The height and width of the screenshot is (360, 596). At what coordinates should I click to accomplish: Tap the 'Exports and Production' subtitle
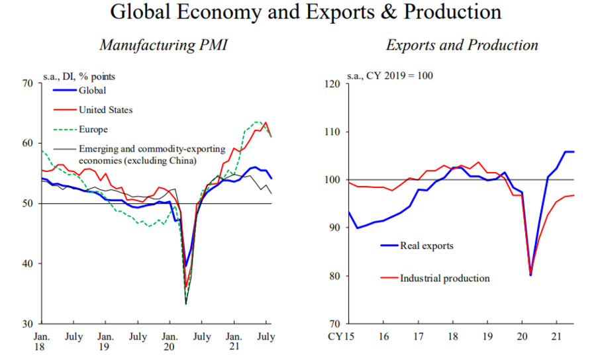click(x=462, y=46)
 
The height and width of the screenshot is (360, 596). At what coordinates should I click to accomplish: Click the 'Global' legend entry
click(x=93, y=91)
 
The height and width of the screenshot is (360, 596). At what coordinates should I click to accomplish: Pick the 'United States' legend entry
click(x=105, y=110)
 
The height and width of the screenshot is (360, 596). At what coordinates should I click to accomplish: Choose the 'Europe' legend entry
click(x=93, y=129)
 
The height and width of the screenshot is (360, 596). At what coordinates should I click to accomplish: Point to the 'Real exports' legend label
click(x=426, y=246)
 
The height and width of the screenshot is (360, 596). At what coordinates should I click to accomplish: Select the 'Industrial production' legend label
click(x=444, y=278)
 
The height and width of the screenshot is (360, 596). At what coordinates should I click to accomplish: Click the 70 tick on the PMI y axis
click(x=27, y=83)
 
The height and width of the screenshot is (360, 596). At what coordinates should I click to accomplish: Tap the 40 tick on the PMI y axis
click(x=27, y=263)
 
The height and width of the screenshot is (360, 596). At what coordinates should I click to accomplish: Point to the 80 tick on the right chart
click(x=334, y=276)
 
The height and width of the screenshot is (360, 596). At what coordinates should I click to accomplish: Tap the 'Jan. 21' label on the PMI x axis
click(x=234, y=342)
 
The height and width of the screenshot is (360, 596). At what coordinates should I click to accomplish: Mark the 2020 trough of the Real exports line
click(x=531, y=274)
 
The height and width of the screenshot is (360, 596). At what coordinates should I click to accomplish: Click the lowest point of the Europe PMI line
click(x=186, y=304)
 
